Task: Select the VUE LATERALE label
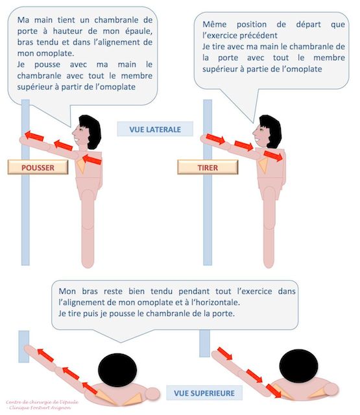(154, 128)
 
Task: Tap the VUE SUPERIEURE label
(204, 392)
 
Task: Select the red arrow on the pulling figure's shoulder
(272, 156)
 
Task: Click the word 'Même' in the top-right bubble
(216, 24)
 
